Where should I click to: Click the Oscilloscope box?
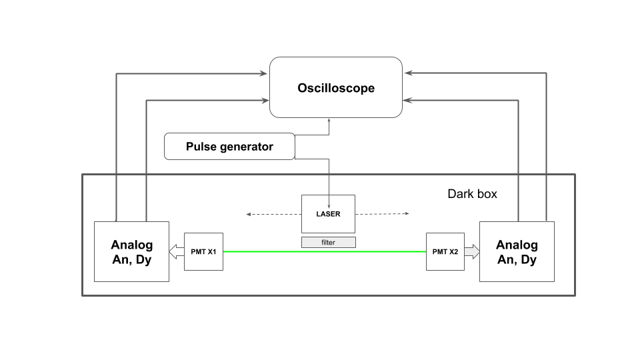point(336,87)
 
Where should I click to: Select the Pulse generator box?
point(229,146)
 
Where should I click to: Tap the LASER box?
point(328,214)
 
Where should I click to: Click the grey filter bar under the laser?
point(329,243)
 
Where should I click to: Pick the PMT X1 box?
point(204,251)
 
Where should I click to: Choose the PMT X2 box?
point(445,251)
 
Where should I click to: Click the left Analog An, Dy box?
point(131,251)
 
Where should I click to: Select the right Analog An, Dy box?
point(517,251)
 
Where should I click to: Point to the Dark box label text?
point(472,193)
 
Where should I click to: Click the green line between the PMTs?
point(325,251)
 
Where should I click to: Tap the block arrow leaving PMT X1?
point(177,251)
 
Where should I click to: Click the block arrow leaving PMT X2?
point(472,251)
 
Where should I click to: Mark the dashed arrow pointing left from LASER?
point(274,214)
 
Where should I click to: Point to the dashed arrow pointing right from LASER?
point(382,213)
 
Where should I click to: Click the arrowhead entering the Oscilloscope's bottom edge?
point(329,121)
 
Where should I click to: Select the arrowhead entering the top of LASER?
point(329,207)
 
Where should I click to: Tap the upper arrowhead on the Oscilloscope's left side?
point(263,73)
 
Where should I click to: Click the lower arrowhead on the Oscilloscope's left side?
point(265,100)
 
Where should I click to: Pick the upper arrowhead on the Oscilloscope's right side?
point(409,73)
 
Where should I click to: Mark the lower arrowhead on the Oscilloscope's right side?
point(407,100)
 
